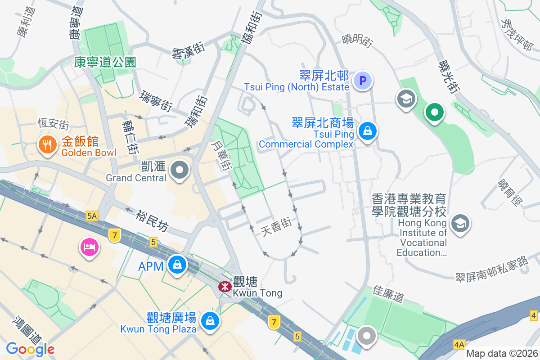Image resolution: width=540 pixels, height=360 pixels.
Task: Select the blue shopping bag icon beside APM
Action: pyautogui.click(x=177, y=265)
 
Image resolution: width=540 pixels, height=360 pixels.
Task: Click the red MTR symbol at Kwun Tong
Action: pyautogui.click(x=224, y=286)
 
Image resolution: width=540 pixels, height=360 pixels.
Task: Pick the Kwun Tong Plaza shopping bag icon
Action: pyautogui.click(x=209, y=320)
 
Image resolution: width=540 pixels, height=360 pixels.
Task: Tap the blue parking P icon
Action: pyautogui.click(x=363, y=81)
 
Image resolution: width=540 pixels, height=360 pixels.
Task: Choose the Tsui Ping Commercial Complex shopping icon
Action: pyautogui.click(x=368, y=131)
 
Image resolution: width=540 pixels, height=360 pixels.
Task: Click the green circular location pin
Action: pyautogui.click(x=435, y=112)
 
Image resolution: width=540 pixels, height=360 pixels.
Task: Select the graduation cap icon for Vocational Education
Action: pyautogui.click(x=460, y=223)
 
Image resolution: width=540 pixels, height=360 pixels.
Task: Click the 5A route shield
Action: pyautogui.click(x=92, y=216)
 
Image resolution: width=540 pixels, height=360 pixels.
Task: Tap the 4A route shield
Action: pyautogui.click(x=459, y=345)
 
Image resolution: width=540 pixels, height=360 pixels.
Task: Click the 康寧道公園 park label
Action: pyautogui.click(x=105, y=62)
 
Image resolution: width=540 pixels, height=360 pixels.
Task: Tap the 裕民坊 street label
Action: pyautogui.click(x=152, y=220)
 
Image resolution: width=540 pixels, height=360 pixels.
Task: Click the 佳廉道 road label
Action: pyautogui.click(x=388, y=294)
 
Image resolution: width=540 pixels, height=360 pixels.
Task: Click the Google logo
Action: pyautogui.click(x=30, y=349)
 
